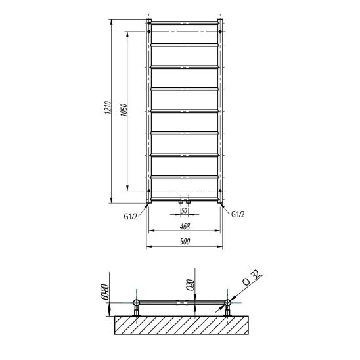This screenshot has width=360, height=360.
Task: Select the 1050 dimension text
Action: (124, 110)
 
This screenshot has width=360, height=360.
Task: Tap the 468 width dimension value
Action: (185, 227)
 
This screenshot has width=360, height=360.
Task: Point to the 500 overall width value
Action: (185, 242)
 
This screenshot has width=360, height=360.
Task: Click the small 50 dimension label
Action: (184, 210)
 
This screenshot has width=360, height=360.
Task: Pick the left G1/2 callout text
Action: (131, 216)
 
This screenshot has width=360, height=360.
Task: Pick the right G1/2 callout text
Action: (238, 214)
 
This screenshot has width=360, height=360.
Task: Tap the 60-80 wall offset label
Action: (104, 292)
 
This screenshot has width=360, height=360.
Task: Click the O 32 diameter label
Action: (252, 278)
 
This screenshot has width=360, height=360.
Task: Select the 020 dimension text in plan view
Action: (191, 285)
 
